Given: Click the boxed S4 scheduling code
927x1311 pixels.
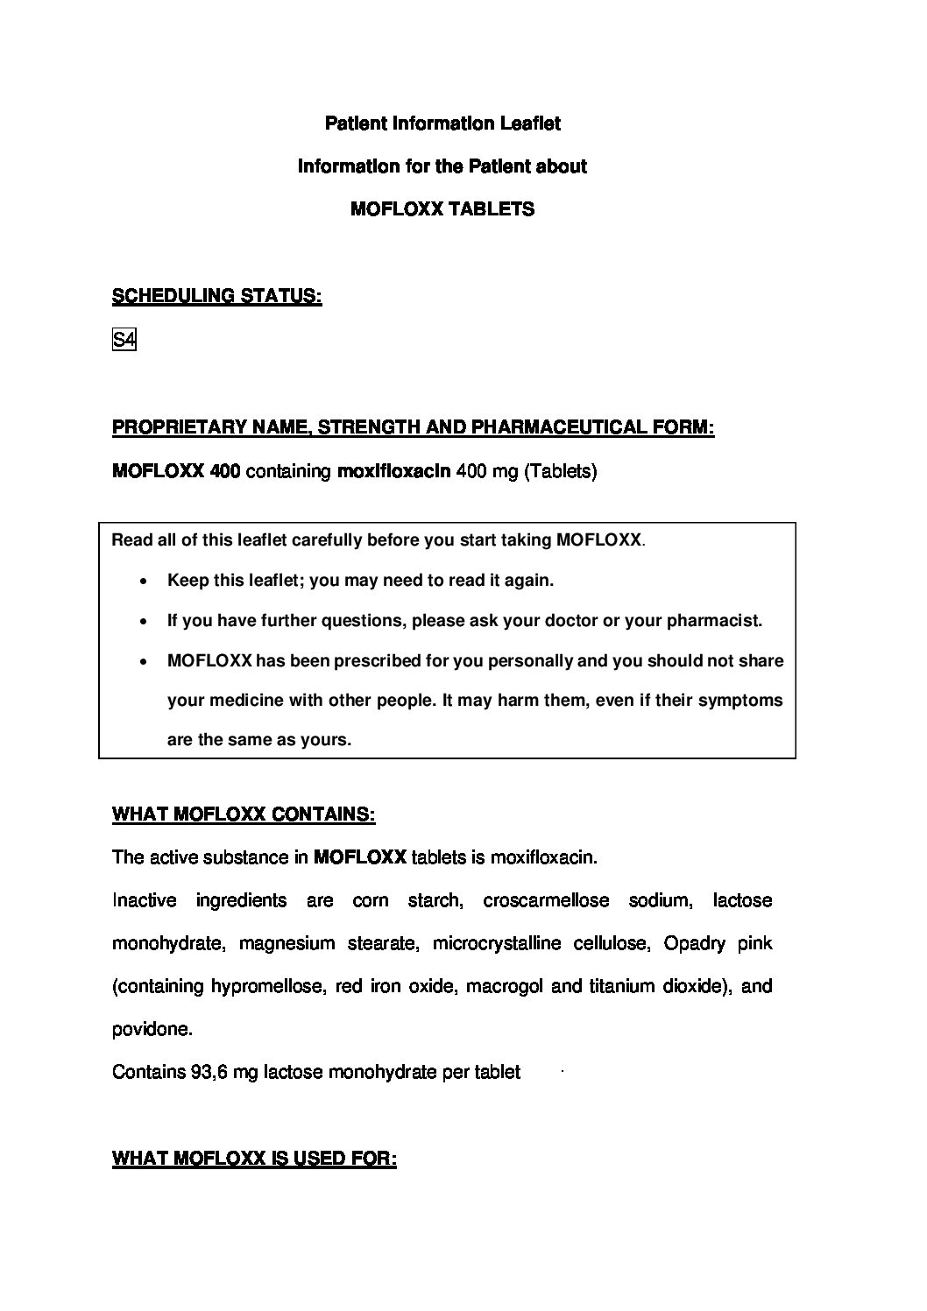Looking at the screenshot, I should pyautogui.click(x=124, y=340).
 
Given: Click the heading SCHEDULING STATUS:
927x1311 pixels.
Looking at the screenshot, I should pyautogui.click(x=216, y=297).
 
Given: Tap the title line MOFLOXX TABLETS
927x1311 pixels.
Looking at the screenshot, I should pyautogui.click(x=442, y=209).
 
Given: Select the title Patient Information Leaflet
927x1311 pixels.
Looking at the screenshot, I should pyautogui.click(x=442, y=123).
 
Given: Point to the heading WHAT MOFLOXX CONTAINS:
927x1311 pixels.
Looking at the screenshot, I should pyautogui.click(x=244, y=814).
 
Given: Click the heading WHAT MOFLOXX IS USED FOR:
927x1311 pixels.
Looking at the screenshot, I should pyautogui.click(x=254, y=1159).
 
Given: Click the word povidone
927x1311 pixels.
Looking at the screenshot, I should pyautogui.click(x=152, y=1029).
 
